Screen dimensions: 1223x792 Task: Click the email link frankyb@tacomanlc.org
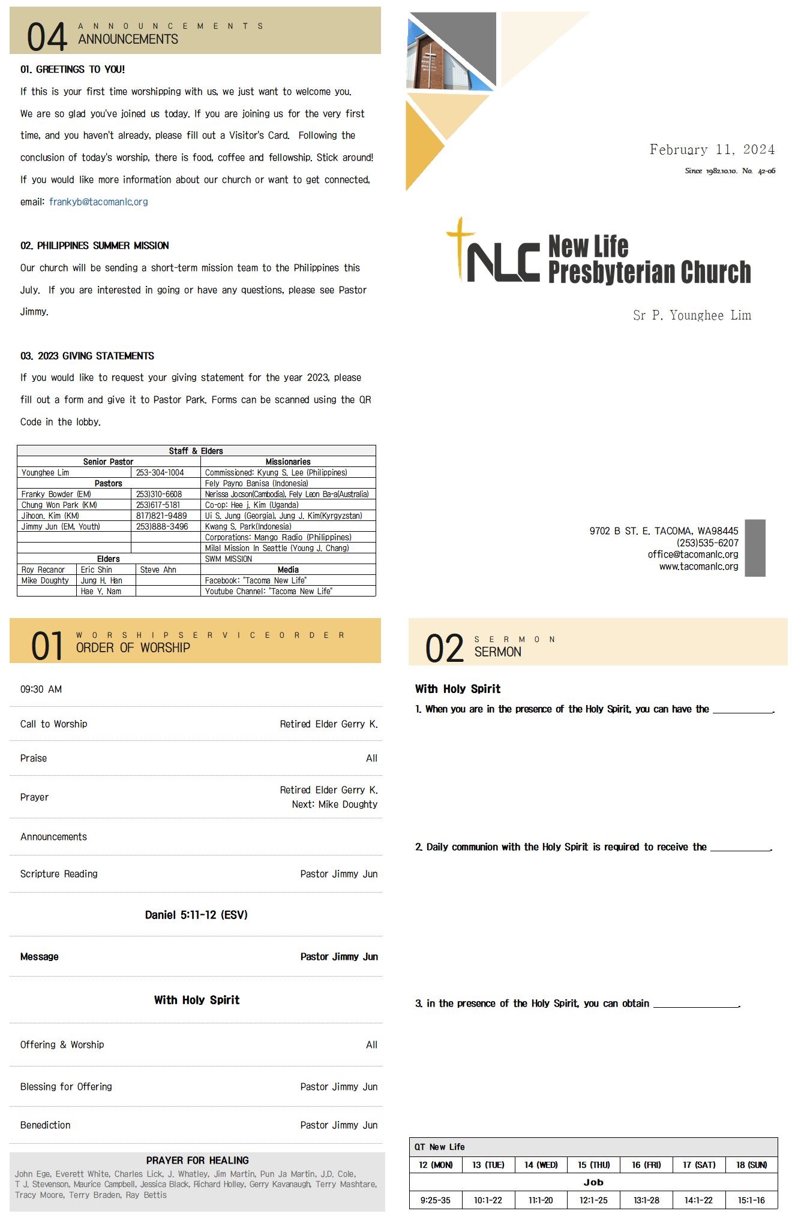pyautogui.click(x=98, y=202)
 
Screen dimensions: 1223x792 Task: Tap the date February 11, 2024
pyautogui.click(x=712, y=149)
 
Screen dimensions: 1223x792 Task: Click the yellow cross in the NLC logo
pyautogui.click(x=460, y=246)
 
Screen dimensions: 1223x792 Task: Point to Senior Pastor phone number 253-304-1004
pyautogui.click(x=160, y=472)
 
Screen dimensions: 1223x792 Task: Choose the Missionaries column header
pyautogui.click(x=288, y=462)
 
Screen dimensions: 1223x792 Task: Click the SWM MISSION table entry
pyautogui.click(x=229, y=559)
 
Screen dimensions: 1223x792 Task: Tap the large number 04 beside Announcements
pyautogui.click(x=47, y=37)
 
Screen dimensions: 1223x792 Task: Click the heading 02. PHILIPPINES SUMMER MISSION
pyautogui.click(x=95, y=246)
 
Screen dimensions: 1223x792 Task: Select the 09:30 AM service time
pyautogui.click(x=41, y=689)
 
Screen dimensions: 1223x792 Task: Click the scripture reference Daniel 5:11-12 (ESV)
pyautogui.click(x=196, y=915)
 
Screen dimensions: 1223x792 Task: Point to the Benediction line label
pyautogui.click(x=46, y=1125)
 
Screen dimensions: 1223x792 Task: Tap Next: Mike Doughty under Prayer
pyautogui.click(x=334, y=805)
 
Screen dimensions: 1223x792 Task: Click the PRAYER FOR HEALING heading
pyautogui.click(x=197, y=1161)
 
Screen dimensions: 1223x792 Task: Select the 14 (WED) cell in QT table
pyautogui.click(x=541, y=1165)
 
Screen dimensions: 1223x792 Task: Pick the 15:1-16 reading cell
pyautogui.click(x=751, y=1200)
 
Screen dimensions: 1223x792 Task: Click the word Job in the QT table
pyautogui.click(x=593, y=1182)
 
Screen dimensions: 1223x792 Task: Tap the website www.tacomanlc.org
pyautogui.click(x=698, y=567)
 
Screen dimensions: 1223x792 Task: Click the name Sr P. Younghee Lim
pyautogui.click(x=692, y=315)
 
